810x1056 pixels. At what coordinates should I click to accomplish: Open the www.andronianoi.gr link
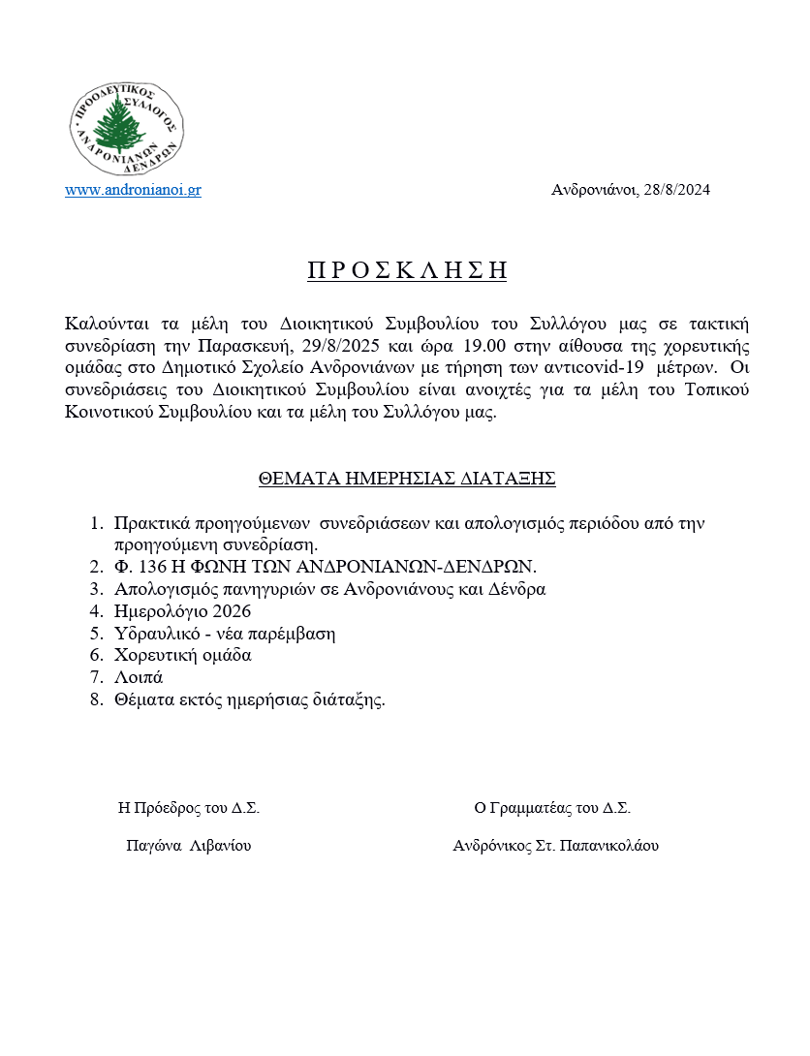pos(133,191)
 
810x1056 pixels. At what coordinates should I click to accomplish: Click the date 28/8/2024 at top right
pos(675,191)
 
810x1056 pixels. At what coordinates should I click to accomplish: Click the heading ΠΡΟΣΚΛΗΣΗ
pos(407,270)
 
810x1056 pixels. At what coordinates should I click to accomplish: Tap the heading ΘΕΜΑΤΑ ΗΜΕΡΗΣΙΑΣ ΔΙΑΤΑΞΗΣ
pos(406,479)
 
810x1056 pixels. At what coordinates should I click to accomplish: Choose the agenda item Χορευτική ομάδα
pos(182,655)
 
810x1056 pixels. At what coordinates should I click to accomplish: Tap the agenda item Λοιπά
pos(139,677)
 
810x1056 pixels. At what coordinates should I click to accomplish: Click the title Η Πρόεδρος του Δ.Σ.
pos(188,808)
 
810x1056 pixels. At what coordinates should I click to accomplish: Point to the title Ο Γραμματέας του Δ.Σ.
pos(552,808)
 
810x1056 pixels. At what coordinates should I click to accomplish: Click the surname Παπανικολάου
pos(609,846)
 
